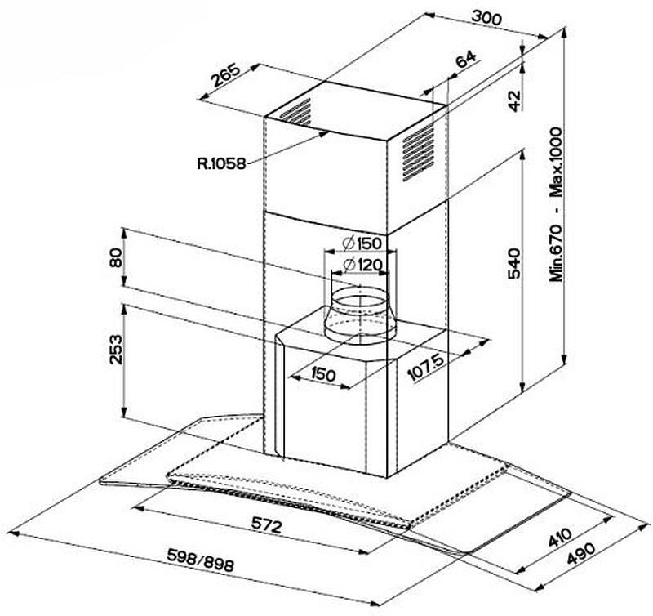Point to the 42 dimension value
pyautogui.click(x=513, y=100)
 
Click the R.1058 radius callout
pyautogui.click(x=221, y=163)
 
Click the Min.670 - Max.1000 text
pyautogui.click(x=557, y=204)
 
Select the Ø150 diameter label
pyautogui.click(x=358, y=243)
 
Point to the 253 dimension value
pyautogui.click(x=117, y=350)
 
